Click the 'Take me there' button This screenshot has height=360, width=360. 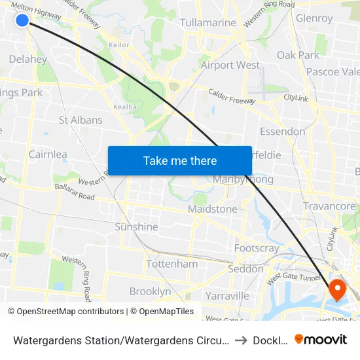(180, 160)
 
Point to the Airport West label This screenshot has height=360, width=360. (230, 65)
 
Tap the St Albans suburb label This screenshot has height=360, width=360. (81, 120)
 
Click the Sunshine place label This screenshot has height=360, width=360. (136, 226)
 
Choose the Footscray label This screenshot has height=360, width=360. (257, 248)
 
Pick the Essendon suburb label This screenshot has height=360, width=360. (282, 132)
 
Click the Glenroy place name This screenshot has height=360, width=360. (314, 18)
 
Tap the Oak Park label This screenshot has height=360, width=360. (298, 55)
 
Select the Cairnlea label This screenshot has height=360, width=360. (48, 154)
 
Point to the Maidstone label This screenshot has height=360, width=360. (212, 209)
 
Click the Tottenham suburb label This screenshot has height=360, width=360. (171, 264)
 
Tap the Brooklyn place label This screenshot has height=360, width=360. (150, 291)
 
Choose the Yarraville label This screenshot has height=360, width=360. (227, 296)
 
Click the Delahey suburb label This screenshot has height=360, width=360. (28, 60)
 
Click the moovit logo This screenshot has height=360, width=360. (321, 339)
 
